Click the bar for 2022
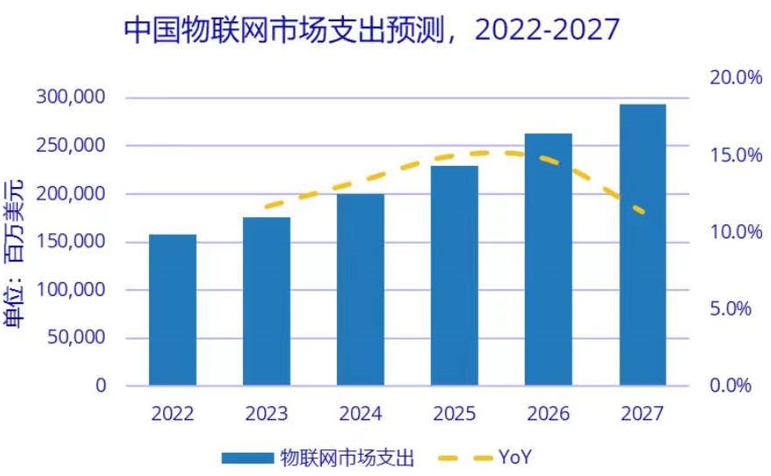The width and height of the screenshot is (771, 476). [x=173, y=309]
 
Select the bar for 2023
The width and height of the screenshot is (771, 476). [x=267, y=300]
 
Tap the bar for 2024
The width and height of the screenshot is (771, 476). [x=361, y=289]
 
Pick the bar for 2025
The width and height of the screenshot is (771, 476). [x=455, y=275]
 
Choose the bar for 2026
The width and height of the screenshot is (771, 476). [x=549, y=259]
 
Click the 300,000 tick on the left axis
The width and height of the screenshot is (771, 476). [x=71, y=97]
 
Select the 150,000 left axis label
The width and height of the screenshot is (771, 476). [x=71, y=241]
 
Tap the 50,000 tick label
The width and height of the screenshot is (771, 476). [x=76, y=338]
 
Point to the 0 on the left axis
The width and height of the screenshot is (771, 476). [x=100, y=386]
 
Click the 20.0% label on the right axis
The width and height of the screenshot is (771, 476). [x=736, y=78]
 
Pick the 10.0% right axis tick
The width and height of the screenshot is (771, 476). [x=736, y=232]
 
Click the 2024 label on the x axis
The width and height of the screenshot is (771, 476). [x=361, y=414]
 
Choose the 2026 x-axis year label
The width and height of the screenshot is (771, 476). [x=549, y=414]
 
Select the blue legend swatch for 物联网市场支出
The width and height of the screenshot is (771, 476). [x=246, y=457]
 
